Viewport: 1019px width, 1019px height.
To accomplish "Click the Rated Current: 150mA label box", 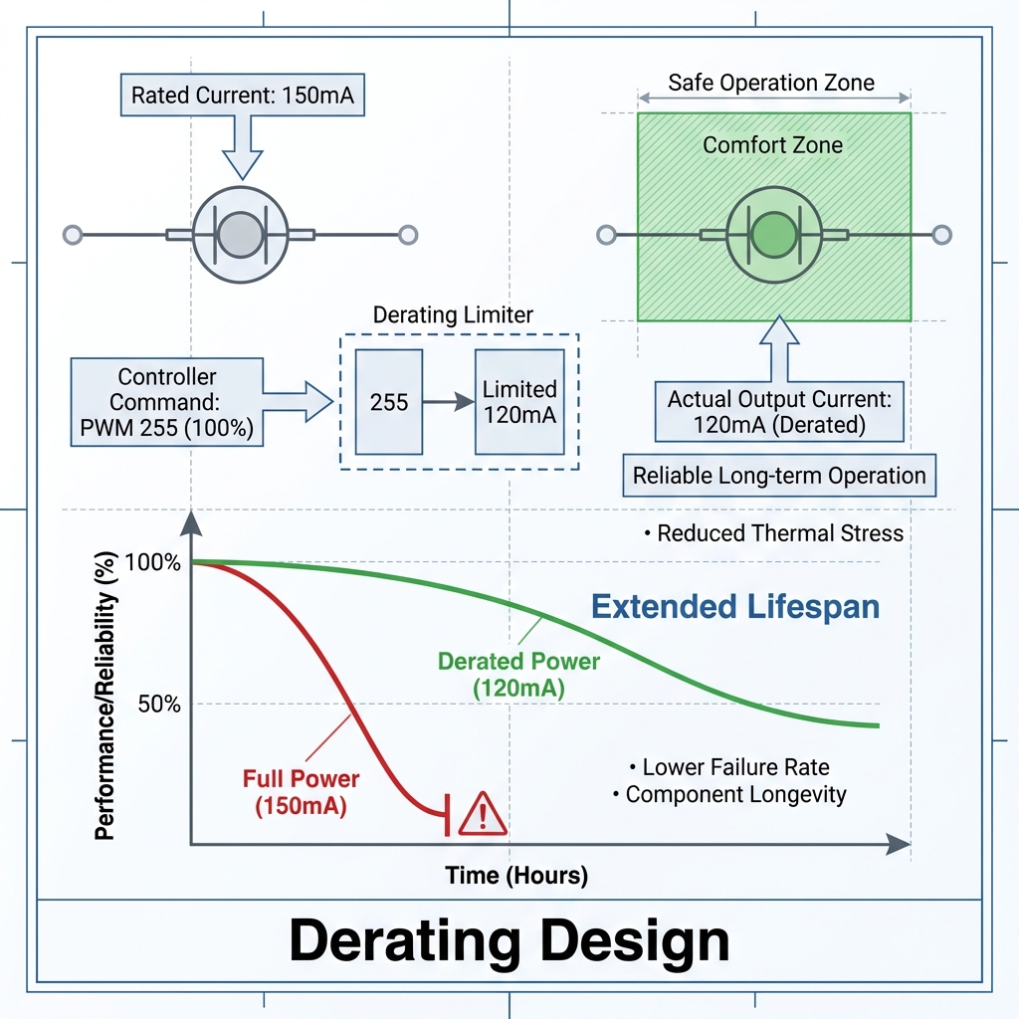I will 243,97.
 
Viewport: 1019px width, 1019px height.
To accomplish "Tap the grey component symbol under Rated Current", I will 239,235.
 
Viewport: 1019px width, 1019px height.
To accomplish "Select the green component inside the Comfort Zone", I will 773,235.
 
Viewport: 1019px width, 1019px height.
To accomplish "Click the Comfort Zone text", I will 772,145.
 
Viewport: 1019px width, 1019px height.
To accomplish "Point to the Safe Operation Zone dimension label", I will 771,83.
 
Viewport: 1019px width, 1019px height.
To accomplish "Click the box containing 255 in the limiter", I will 389,402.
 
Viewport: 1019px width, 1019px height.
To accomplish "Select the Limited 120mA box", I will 519,402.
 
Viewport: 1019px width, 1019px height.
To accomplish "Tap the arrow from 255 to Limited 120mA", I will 448,402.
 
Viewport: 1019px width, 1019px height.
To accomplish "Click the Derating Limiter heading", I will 453,315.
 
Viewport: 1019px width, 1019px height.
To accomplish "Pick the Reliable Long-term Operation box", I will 779,476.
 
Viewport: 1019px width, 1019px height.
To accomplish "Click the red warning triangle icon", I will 483,814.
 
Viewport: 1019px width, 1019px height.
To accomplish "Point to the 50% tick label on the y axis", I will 158,705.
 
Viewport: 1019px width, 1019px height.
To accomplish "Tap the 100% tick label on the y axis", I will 153,562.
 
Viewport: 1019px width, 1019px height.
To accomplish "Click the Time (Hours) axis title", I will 516,876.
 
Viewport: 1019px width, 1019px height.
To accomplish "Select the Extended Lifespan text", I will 735,606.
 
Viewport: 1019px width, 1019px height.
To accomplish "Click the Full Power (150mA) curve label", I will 301,792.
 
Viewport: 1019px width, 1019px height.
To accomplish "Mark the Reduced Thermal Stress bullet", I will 774,533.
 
